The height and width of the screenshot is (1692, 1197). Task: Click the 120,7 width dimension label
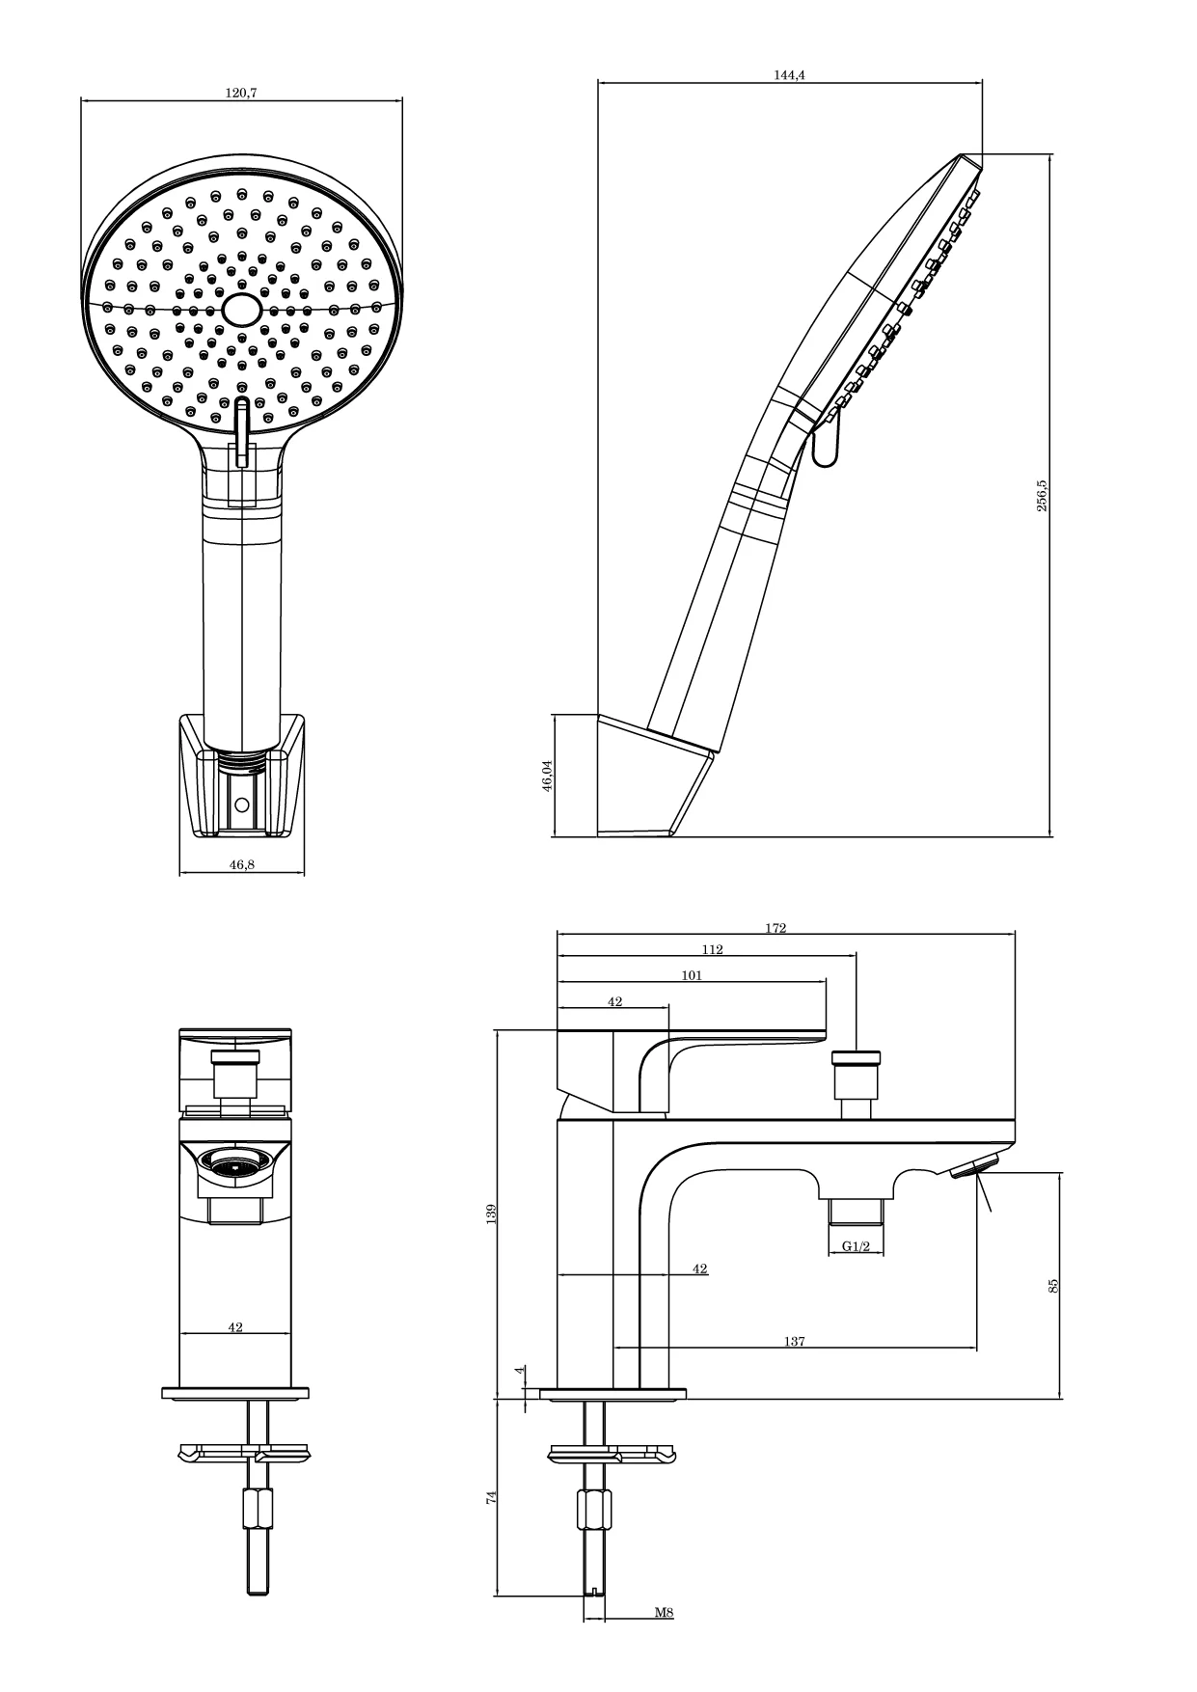[242, 93]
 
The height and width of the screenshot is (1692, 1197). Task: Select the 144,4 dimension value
[789, 75]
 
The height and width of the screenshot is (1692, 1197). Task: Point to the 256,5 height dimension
[1042, 495]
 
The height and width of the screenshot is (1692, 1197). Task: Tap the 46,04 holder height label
[547, 776]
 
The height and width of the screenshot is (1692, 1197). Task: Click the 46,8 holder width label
[242, 864]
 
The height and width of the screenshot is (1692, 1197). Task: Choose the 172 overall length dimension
[776, 928]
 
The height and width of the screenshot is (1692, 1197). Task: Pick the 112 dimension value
[712, 949]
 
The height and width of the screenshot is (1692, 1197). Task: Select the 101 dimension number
[692, 975]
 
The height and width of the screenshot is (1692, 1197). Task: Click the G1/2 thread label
[857, 1246]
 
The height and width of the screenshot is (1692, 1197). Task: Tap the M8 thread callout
[664, 1612]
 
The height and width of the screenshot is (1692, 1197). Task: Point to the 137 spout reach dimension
[794, 1341]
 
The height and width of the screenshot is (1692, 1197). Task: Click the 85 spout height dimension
[1053, 1285]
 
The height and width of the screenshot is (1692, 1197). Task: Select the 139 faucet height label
[490, 1214]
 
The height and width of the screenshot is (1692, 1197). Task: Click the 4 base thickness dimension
[518, 1370]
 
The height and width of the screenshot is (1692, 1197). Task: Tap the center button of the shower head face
[241, 310]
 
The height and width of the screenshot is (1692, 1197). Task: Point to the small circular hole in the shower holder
[241, 803]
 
